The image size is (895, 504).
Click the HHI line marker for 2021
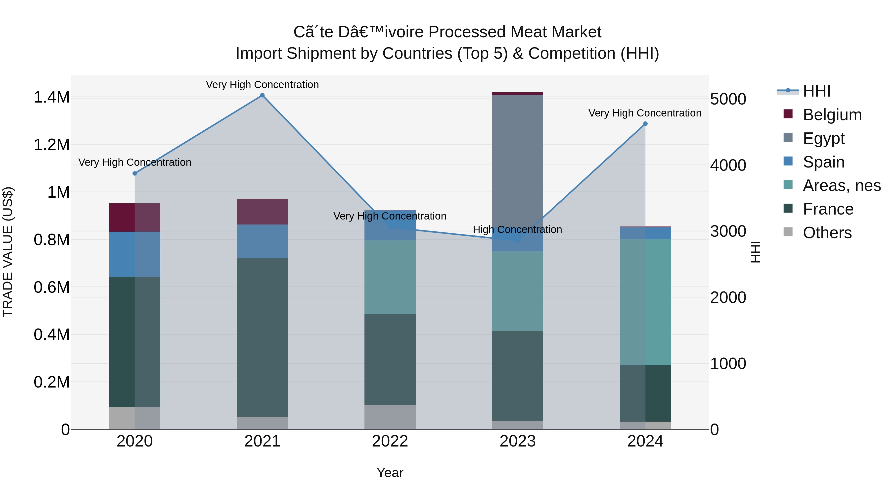(262, 95)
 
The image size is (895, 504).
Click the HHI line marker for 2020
(135, 173)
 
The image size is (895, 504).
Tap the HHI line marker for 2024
(645, 123)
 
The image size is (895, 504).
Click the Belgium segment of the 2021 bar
(262, 212)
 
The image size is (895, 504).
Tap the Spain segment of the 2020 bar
(135, 254)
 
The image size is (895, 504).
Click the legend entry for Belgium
(832, 115)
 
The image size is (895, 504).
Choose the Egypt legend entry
(823, 138)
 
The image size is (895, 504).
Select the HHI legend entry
(816, 91)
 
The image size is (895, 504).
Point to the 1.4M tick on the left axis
(52, 97)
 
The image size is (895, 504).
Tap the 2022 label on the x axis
(390, 441)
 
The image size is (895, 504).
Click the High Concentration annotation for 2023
(517, 229)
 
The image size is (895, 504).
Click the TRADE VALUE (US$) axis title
(8, 252)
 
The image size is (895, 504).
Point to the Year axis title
(390, 473)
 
